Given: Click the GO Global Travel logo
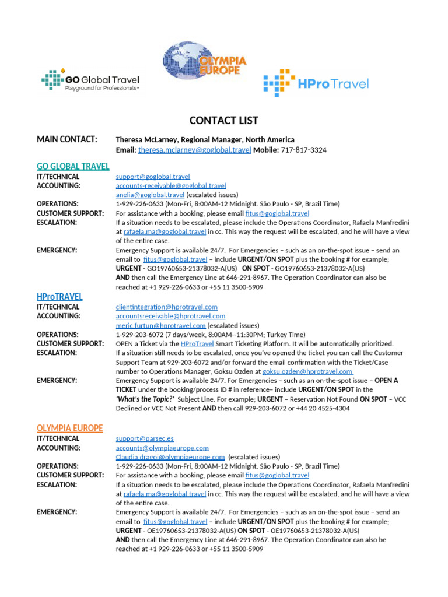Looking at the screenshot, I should click(90, 80).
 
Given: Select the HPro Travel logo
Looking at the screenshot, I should click(316, 83).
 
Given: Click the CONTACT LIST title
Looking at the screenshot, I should click(223, 121).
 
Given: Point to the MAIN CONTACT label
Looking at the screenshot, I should click(67, 139).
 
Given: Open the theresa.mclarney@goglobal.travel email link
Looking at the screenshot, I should click(194, 150).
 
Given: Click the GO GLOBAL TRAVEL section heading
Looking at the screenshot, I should click(73, 166).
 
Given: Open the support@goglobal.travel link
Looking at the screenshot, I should click(153, 177).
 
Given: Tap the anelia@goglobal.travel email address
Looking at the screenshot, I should click(150, 195).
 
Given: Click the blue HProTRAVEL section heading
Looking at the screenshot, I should click(60, 297).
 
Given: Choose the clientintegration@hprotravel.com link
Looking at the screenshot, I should click(167, 307).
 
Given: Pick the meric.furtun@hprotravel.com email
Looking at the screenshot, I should click(160, 325).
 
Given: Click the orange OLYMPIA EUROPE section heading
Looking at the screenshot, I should click(69, 428).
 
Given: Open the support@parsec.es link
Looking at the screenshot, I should click(145, 438).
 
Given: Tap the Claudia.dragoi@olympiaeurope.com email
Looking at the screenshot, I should click(170, 457).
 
